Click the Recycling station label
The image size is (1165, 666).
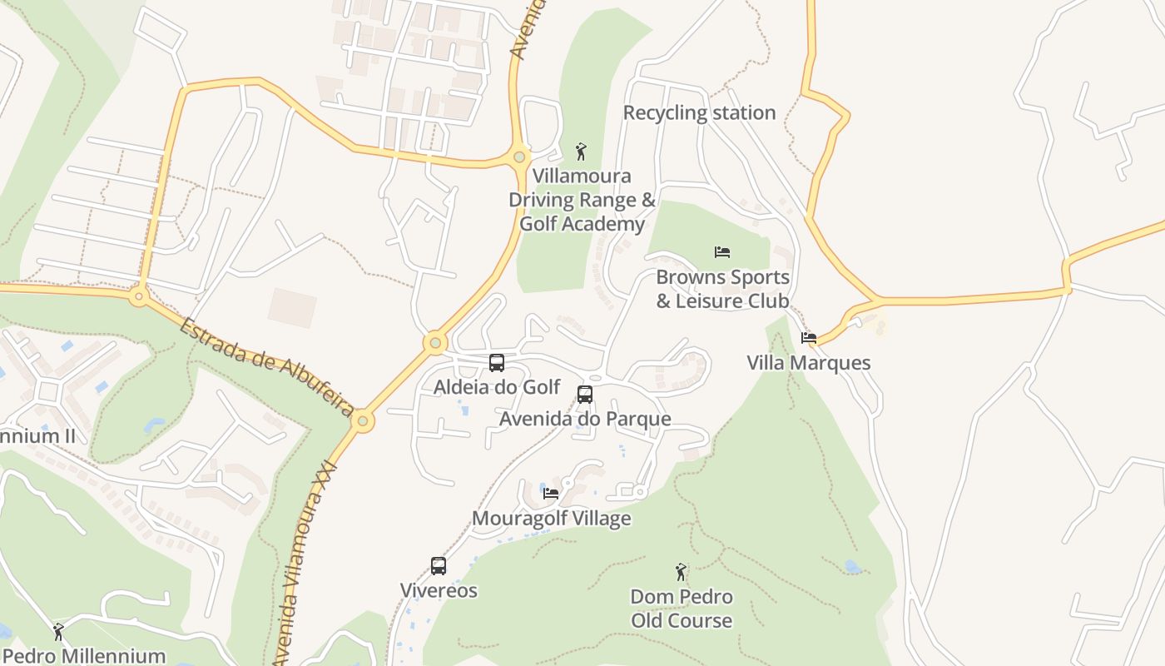699,112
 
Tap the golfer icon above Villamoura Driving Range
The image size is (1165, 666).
581,152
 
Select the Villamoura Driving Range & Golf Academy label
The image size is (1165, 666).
582,200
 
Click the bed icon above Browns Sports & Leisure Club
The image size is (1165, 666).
722,251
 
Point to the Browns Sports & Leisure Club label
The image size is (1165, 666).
722,289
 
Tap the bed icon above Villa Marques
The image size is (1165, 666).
809,338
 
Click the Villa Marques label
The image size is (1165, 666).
809,363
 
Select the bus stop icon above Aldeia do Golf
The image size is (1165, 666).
497,363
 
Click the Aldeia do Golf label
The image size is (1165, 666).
497,387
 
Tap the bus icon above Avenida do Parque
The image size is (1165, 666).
585,395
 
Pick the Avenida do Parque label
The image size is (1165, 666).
585,419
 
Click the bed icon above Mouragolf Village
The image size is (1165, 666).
551,493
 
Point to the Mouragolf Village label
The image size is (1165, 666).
551,519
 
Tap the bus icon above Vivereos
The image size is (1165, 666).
439,566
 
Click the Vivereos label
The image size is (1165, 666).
439,591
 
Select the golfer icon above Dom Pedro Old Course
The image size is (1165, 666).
682,572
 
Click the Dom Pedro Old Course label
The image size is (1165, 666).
682,609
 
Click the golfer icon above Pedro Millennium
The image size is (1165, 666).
58,632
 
